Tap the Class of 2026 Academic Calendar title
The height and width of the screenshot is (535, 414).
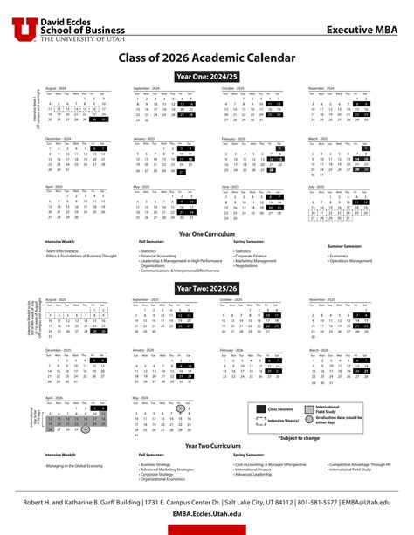pos(207,58)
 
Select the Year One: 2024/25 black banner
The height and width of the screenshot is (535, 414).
pos(207,77)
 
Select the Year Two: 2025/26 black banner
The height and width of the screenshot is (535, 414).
pos(207,287)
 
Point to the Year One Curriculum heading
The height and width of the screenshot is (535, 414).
pos(207,233)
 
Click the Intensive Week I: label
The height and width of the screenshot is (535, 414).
pos(59,241)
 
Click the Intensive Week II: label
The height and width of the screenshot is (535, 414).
pos(60,456)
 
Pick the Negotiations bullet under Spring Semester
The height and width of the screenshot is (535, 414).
pos(250,265)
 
